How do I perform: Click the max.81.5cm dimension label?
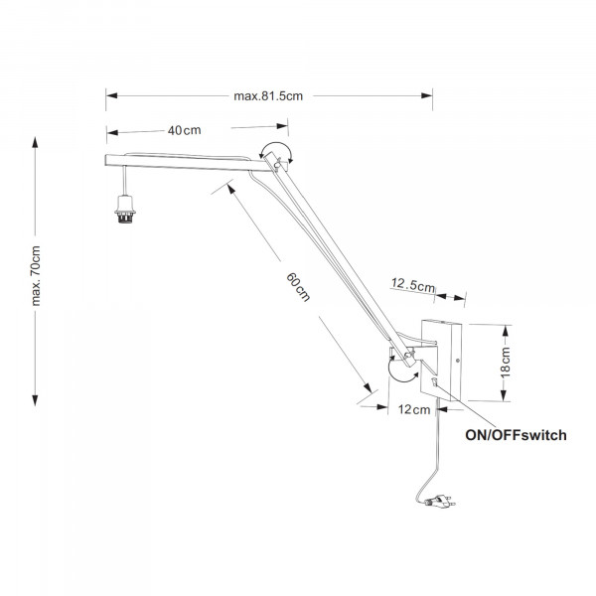point(268,96)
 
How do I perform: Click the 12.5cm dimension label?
point(413,287)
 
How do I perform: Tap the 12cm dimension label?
point(413,408)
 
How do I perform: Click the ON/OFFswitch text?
point(516,435)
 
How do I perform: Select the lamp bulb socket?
point(125,211)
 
